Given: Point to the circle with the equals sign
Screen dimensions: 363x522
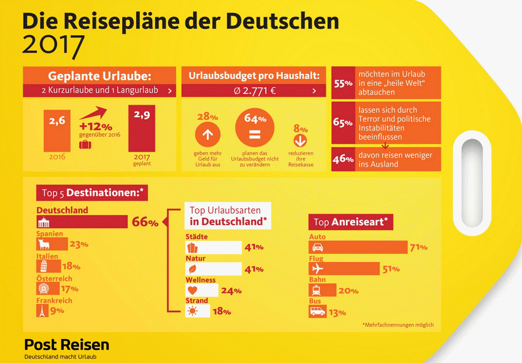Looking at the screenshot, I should pyautogui.click(x=251, y=134).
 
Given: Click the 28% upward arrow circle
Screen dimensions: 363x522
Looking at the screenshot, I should pyautogui.click(x=207, y=134).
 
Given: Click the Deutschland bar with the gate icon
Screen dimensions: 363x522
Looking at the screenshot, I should pyautogui.click(x=82, y=222).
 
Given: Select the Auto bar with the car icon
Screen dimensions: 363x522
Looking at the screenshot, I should pyautogui.click(x=358, y=247).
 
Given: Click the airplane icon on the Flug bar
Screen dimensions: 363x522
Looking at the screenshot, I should pyautogui.click(x=318, y=270).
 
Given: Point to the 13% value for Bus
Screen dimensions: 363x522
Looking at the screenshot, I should pyautogui.click(x=337, y=312).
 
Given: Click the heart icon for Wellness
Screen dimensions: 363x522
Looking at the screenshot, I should pyautogui.click(x=193, y=290).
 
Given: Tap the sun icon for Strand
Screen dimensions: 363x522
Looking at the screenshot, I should pyautogui.click(x=192, y=312).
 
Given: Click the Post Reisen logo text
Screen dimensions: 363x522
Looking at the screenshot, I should pyautogui.click(x=66, y=345).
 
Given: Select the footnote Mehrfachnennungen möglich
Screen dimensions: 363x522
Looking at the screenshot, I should pyautogui.click(x=397, y=325).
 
